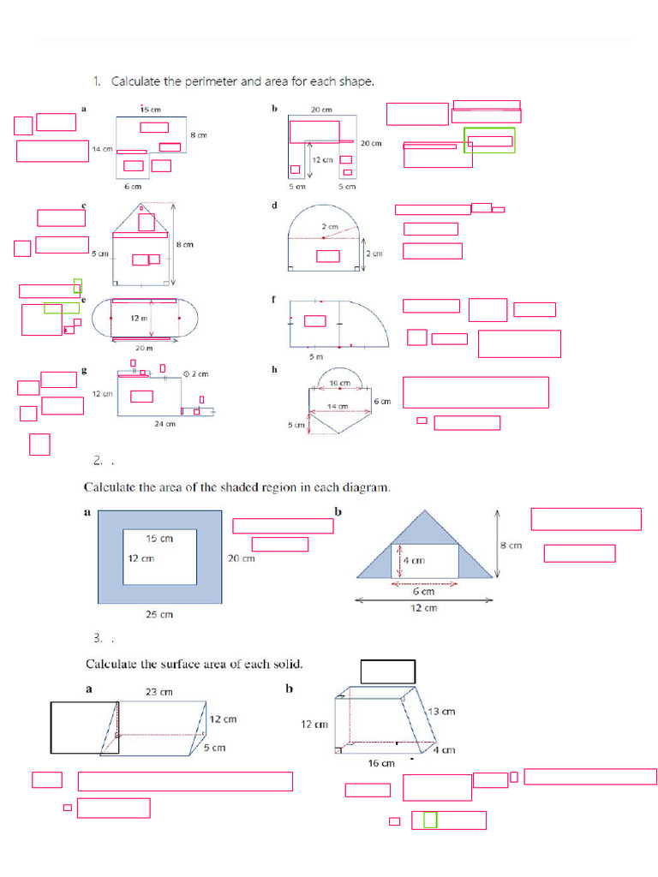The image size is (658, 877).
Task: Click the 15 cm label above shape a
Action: (151, 110)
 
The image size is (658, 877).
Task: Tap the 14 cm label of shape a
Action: (102, 149)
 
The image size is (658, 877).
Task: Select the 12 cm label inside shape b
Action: (322, 159)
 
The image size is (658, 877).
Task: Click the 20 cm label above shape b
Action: (321, 110)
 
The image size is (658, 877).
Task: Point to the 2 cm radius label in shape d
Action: (330, 226)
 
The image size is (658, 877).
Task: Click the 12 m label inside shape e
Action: (139, 318)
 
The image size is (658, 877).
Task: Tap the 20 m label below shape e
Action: (143, 348)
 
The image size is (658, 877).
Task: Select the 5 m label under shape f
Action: (315, 355)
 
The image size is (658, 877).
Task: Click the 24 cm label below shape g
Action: (164, 423)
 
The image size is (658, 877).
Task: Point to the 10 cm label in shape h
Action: (339, 383)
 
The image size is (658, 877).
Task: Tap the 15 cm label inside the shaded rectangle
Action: (159, 539)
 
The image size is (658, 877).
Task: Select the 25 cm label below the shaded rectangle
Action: (159, 614)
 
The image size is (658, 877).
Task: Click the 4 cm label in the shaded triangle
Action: (415, 561)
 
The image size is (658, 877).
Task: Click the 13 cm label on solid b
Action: (441, 712)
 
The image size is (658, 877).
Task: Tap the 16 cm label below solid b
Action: (382, 762)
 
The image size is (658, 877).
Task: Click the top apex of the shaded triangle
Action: (425, 511)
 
